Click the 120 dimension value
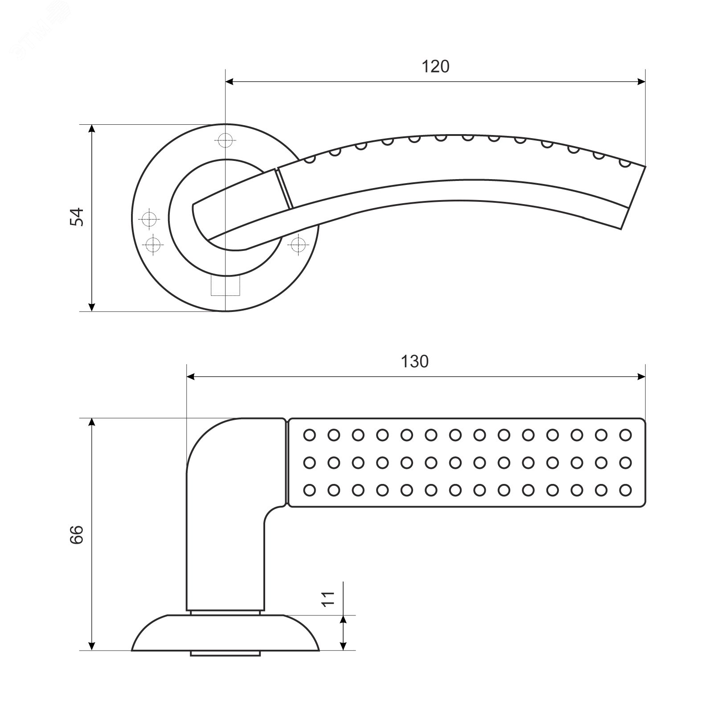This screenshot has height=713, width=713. click(x=435, y=67)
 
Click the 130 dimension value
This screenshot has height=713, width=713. click(x=414, y=361)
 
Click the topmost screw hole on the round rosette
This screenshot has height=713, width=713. click(x=225, y=140)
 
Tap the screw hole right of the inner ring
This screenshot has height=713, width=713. click(x=297, y=244)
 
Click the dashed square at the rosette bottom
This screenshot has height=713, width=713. click(x=225, y=285)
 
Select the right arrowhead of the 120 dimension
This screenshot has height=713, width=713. click(x=641, y=82)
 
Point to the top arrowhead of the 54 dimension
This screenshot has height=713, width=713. click(x=92, y=129)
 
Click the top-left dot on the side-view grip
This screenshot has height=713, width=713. click(x=309, y=434)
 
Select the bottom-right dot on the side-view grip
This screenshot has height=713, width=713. click(x=626, y=490)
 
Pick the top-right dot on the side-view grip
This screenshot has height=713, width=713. click(x=626, y=434)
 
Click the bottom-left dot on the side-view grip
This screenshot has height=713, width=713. click(x=309, y=490)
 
